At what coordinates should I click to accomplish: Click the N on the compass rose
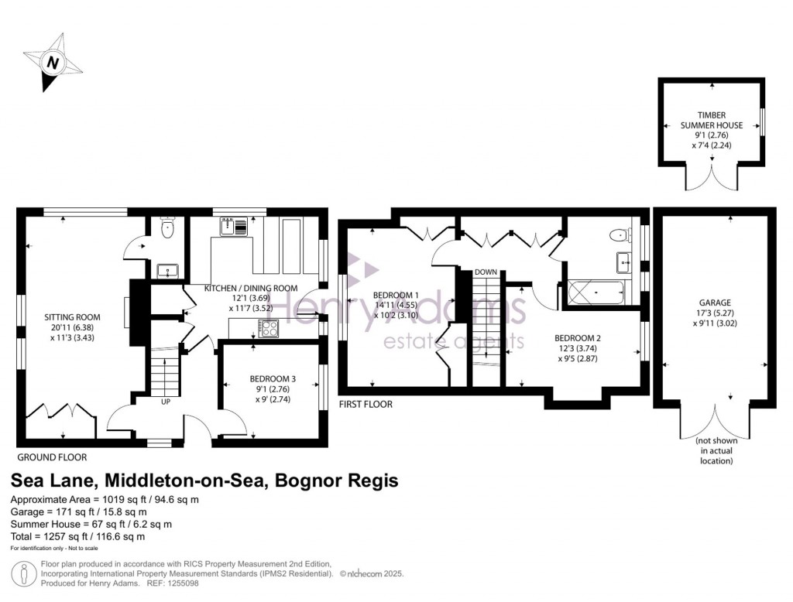click(x=53, y=63)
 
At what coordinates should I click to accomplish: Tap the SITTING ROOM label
click(x=72, y=317)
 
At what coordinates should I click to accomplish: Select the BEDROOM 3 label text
click(x=273, y=379)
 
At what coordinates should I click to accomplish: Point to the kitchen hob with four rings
click(x=269, y=329)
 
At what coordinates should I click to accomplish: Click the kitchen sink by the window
click(x=234, y=226)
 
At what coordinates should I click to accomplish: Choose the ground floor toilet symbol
click(x=166, y=227)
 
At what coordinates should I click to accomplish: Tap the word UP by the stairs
click(x=166, y=402)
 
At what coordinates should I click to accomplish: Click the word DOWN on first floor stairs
click(x=486, y=272)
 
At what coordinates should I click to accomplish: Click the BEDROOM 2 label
click(x=578, y=338)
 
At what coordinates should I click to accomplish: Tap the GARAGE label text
click(x=715, y=303)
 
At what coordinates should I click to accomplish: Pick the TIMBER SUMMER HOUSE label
click(x=712, y=120)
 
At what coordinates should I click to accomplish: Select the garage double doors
click(x=716, y=422)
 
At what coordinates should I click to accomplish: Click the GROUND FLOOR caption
click(x=52, y=457)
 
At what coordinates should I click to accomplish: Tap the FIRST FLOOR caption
click(x=366, y=405)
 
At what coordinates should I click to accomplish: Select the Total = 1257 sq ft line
click(x=78, y=536)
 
